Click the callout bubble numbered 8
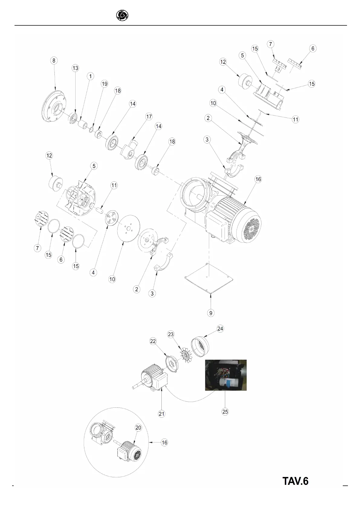pyautogui.click(x=54, y=60)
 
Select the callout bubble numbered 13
pyautogui.click(x=75, y=68)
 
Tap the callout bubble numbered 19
pyautogui.click(x=104, y=84)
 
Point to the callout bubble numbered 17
pyautogui.click(x=149, y=116)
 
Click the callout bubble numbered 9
pyautogui.click(x=211, y=313)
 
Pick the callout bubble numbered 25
pyautogui.click(x=225, y=411)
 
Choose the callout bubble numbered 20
pyautogui.click(x=138, y=428)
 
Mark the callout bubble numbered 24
pyautogui.click(x=220, y=329)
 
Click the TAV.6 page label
pyautogui.click(x=295, y=481)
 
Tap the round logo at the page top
pyautogui.click(x=122, y=15)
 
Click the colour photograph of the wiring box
pyautogui.click(x=226, y=375)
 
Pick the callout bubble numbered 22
pyautogui.click(x=153, y=341)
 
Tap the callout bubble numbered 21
pyautogui.click(x=162, y=413)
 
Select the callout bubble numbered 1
pyautogui.click(x=90, y=76)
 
